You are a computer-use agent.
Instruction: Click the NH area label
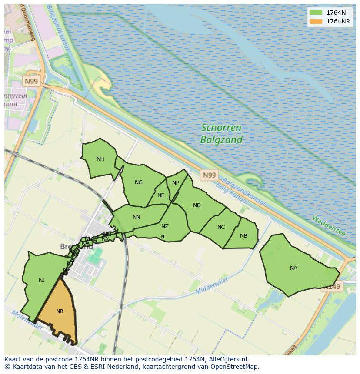[x=100, y=159]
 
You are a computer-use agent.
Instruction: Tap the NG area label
[x=139, y=182]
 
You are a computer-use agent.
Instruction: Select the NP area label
[x=176, y=183]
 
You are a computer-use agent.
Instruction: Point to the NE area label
[x=161, y=195]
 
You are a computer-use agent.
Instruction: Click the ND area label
[x=197, y=205]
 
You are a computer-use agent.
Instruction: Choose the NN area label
[x=137, y=217]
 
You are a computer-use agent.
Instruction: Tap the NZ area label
[x=165, y=226]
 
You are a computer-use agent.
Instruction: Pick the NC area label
[x=221, y=227]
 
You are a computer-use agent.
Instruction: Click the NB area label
[x=243, y=236]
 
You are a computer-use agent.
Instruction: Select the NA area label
[x=293, y=268]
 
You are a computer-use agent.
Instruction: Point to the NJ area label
[x=42, y=280]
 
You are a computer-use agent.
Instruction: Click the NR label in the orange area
[x=60, y=311]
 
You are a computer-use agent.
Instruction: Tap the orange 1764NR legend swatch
[x=316, y=21]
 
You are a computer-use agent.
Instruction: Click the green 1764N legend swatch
[x=316, y=13]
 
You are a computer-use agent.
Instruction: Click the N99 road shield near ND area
[x=209, y=175]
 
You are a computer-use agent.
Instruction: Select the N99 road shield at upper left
[x=31, y=81]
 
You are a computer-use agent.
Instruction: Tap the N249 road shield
[x=332, y=286]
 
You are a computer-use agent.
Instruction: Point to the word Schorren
[x=221, y=128]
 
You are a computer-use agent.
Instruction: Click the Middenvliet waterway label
[x=212, y=286]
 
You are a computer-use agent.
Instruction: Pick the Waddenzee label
[x=328, y=226]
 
